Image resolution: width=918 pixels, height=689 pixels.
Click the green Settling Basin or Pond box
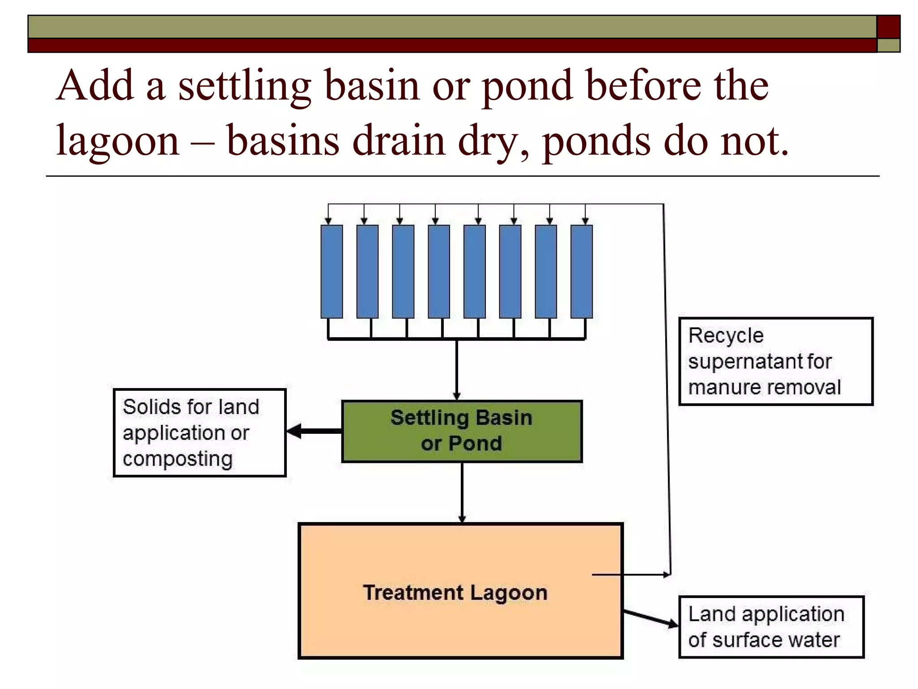pos(462,431)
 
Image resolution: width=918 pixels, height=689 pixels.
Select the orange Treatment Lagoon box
pos(460,628)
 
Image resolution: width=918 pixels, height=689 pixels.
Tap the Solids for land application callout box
pos(199,432)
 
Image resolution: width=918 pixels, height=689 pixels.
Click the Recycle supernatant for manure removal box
pos(775,361)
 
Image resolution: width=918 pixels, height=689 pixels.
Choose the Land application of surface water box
pos(771,627)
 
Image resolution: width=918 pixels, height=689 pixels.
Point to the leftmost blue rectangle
pos(332,271)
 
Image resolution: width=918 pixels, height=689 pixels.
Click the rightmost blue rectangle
pos(581,271)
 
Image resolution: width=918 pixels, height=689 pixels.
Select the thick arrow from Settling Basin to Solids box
pos(314,431)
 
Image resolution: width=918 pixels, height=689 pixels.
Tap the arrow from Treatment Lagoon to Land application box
pos(651,618)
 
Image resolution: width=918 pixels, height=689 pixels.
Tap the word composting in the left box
pos(178,459)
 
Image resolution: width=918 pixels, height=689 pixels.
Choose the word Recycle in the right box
pos(726,336)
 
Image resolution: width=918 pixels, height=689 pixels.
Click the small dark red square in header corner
pos(888,26)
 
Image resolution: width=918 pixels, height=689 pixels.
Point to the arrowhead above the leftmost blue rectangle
pos(328,220)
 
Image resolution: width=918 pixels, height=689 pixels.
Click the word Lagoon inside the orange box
pos(509,593)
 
